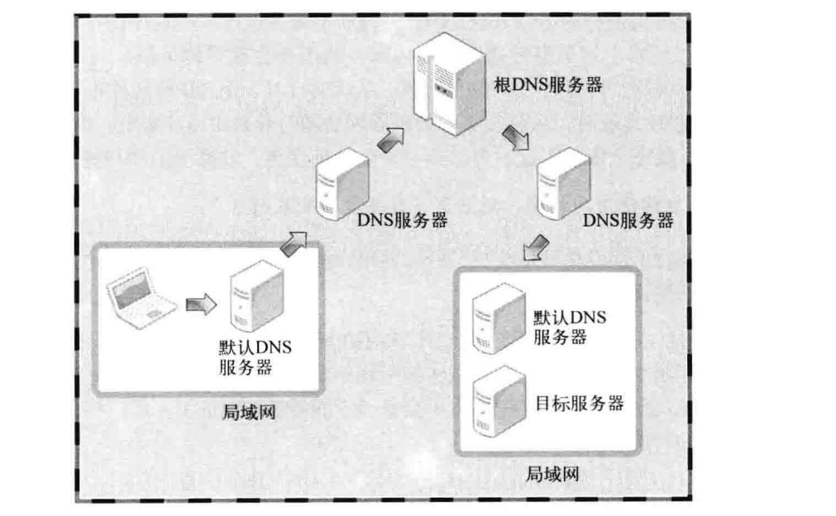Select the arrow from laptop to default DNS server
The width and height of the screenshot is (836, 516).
coord(200,306)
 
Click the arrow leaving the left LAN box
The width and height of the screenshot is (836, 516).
coord(294,242)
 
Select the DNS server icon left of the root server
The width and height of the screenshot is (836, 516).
coord(341,184)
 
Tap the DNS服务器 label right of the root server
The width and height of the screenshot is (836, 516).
coord(628,221)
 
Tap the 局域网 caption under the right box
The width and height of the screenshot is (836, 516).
coord(552,474)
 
